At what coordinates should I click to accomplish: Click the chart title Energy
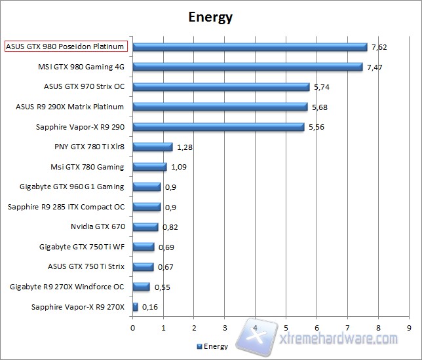(210, 17)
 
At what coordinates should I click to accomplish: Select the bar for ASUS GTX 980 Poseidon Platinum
(250, 47)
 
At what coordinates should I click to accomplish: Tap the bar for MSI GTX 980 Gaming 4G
(248, 67)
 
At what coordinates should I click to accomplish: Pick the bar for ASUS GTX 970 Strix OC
(221, 86)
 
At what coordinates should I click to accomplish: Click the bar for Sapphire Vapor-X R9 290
(218, 127)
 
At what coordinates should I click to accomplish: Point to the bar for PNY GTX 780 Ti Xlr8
(153, 147)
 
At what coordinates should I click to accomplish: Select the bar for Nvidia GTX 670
(145, 227)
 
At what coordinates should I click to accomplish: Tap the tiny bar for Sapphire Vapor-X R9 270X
(136, 307)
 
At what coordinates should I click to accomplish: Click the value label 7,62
(379, 47)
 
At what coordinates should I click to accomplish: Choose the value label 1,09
(179, 167)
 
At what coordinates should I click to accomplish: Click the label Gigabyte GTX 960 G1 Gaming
(72, 187)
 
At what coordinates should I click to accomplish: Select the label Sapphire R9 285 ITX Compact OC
(66, 207)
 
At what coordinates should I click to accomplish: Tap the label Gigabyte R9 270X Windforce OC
(67, 287)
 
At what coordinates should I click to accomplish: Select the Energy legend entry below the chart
(213, 346)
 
